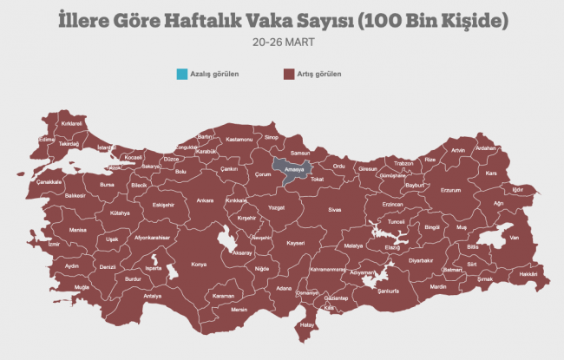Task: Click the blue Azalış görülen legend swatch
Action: [x=181, y=74]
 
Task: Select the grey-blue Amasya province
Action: [x=290, y=168]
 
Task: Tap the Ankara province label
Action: [x=205, y=200]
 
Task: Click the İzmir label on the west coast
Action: [x=55, y=245]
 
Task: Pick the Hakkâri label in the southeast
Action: [x=528, y=274]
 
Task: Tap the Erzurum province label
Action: [x=450, y=189]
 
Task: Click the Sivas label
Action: [x=334, y=209]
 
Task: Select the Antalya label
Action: [x=153, y=296]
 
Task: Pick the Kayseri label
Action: [x=296, y=243]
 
